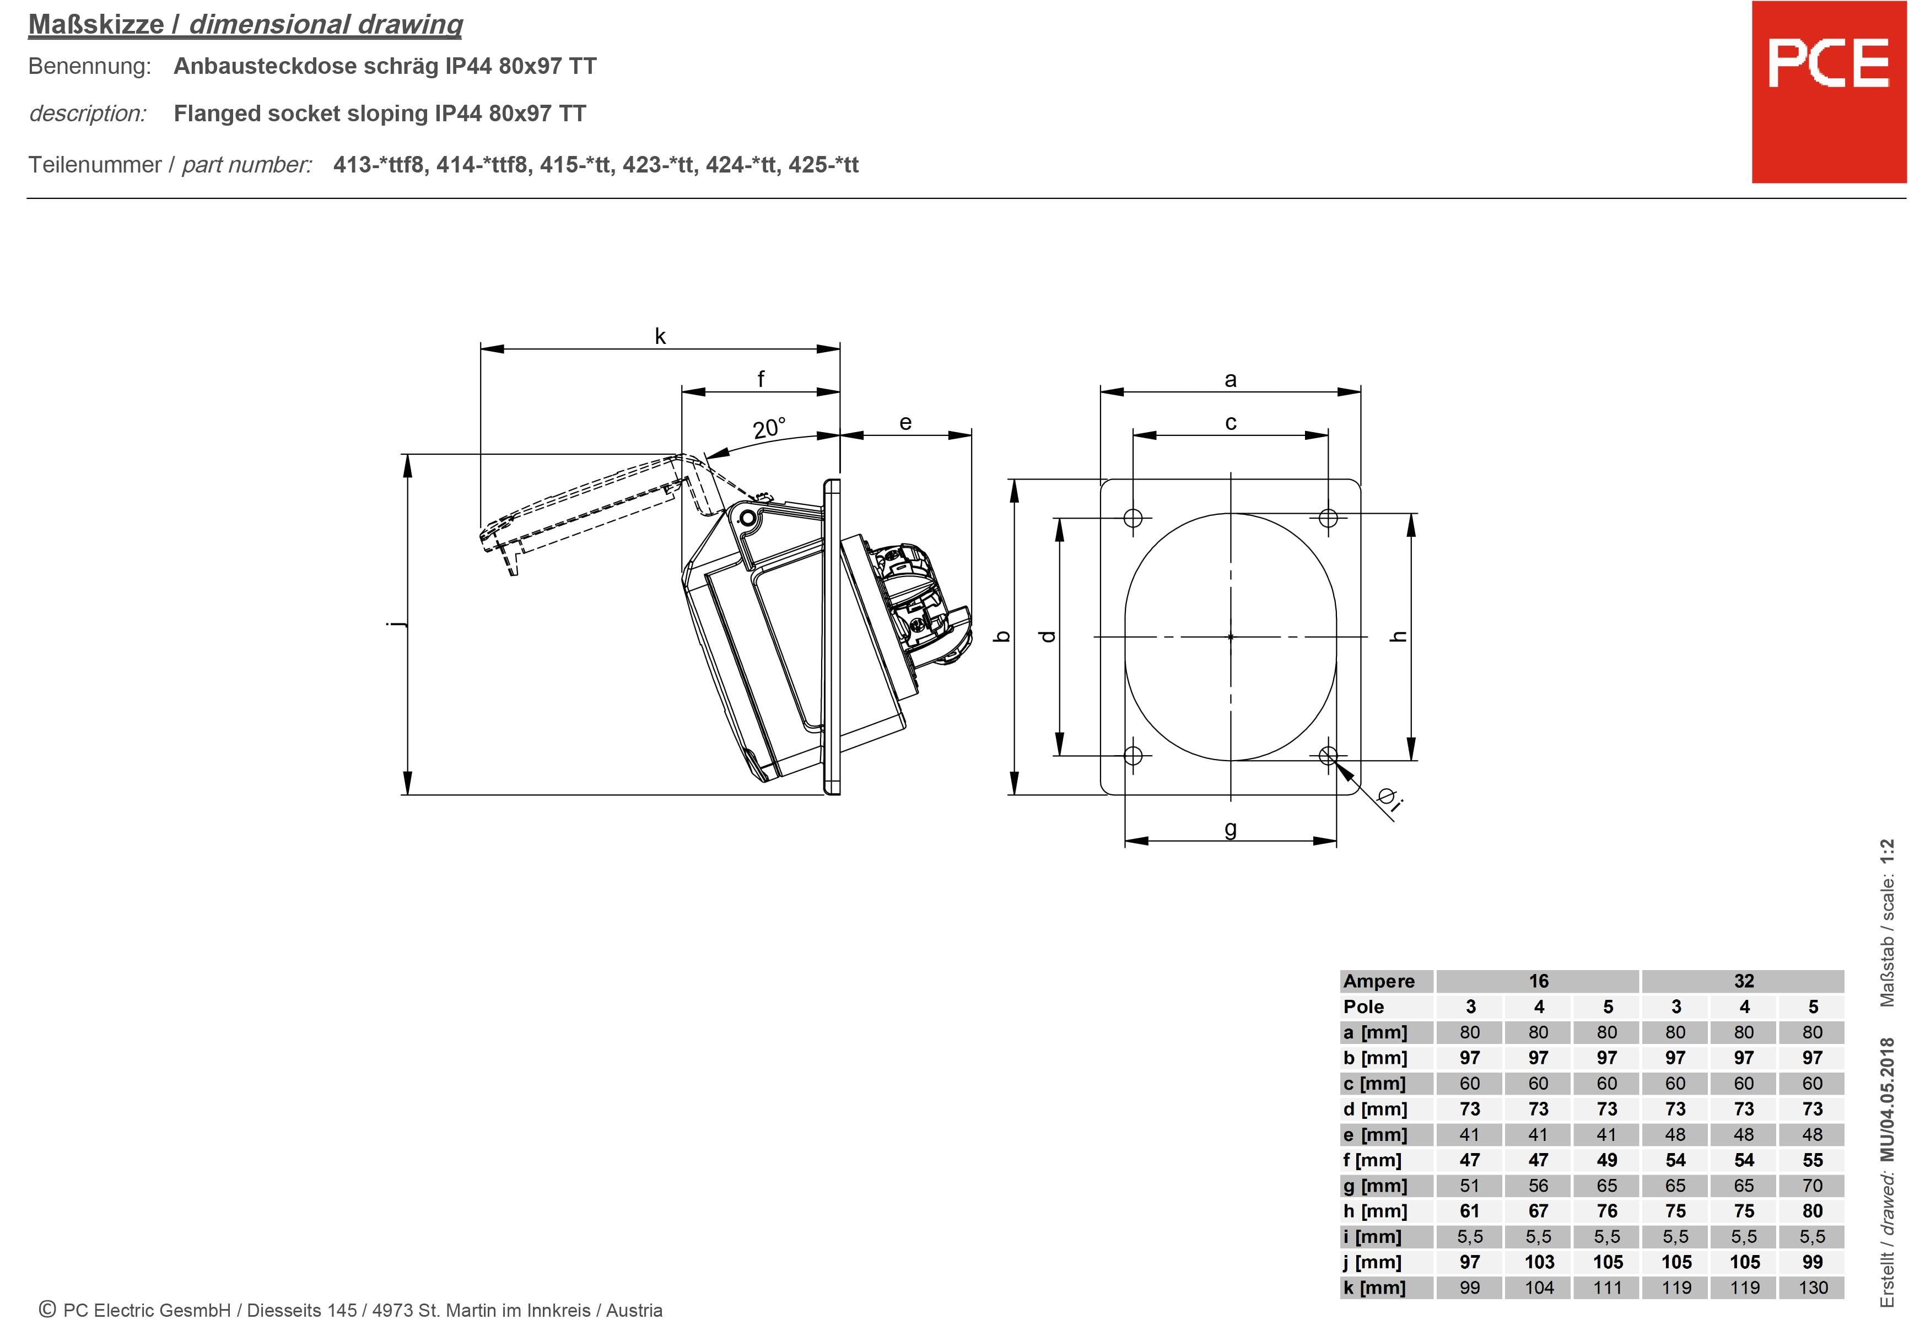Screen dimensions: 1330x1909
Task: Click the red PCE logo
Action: coord(1829,91)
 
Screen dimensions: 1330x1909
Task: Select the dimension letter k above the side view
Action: coord(660,336)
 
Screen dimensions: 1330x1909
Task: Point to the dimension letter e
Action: coord(905,423)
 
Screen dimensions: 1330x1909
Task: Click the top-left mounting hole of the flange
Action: coord(1133,518)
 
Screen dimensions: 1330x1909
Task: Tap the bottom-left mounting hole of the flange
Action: coord(1133,755)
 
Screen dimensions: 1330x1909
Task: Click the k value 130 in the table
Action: coord(1813,1288)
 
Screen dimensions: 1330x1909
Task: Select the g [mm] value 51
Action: coord(1470,1185)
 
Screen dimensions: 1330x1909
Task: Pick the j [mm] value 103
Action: coord(1539,1262)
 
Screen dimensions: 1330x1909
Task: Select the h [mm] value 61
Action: coord(1470,1211)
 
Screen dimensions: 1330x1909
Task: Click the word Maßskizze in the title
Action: coord(96,25)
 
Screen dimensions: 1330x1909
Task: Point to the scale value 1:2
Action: coord(1888,853)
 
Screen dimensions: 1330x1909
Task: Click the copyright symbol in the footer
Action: coord(47,1309)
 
